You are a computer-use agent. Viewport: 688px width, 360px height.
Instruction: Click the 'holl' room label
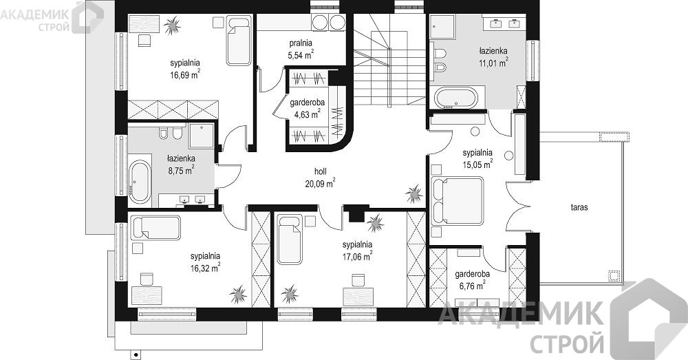(x=321, y=171)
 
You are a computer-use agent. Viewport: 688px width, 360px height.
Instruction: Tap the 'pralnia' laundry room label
(x=301, y=43)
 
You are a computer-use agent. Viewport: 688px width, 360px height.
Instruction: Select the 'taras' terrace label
(x=579, y=208)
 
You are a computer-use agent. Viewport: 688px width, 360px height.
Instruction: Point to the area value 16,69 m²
(x=185, y=74)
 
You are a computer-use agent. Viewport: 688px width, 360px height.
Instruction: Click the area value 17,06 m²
(x=357, y=256)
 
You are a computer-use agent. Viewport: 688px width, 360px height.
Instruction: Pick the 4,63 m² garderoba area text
(x=307, y=114)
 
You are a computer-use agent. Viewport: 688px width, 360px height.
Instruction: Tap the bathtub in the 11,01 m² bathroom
(x=456, y=98)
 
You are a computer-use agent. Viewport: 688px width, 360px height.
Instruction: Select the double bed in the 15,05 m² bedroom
(x=458, y=200)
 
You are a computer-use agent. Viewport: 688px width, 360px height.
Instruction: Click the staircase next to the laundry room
(x=389, y=59)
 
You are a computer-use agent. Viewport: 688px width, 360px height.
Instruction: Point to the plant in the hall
(x=413, y=193)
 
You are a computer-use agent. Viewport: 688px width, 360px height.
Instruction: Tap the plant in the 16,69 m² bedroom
(x=172, y=25)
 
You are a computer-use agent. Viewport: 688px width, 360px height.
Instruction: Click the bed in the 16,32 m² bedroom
(x=155, y=227)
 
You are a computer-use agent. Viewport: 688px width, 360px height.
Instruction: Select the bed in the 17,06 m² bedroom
(x=290, y=240)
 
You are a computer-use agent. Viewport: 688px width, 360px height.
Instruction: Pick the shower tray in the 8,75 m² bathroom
(x=202, y=136)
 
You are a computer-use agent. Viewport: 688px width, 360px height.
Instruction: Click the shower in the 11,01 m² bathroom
(x=442, y=26)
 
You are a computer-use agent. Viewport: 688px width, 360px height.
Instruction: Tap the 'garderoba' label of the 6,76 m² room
(x=472, y=275)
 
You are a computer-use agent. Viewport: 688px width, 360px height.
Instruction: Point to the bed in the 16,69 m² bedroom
(x=239, y=41)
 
